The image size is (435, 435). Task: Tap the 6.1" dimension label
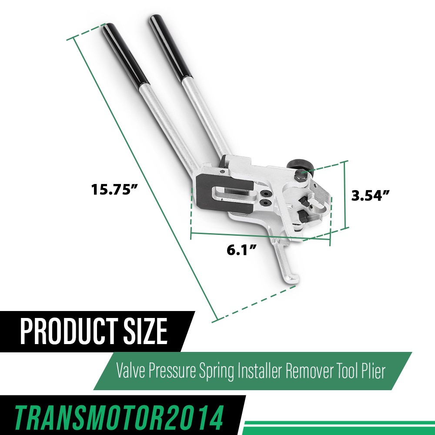[x=241, y=250]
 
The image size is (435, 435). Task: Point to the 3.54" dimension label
[x=370, y=195]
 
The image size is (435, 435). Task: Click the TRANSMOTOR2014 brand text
[x=119, y=418]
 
